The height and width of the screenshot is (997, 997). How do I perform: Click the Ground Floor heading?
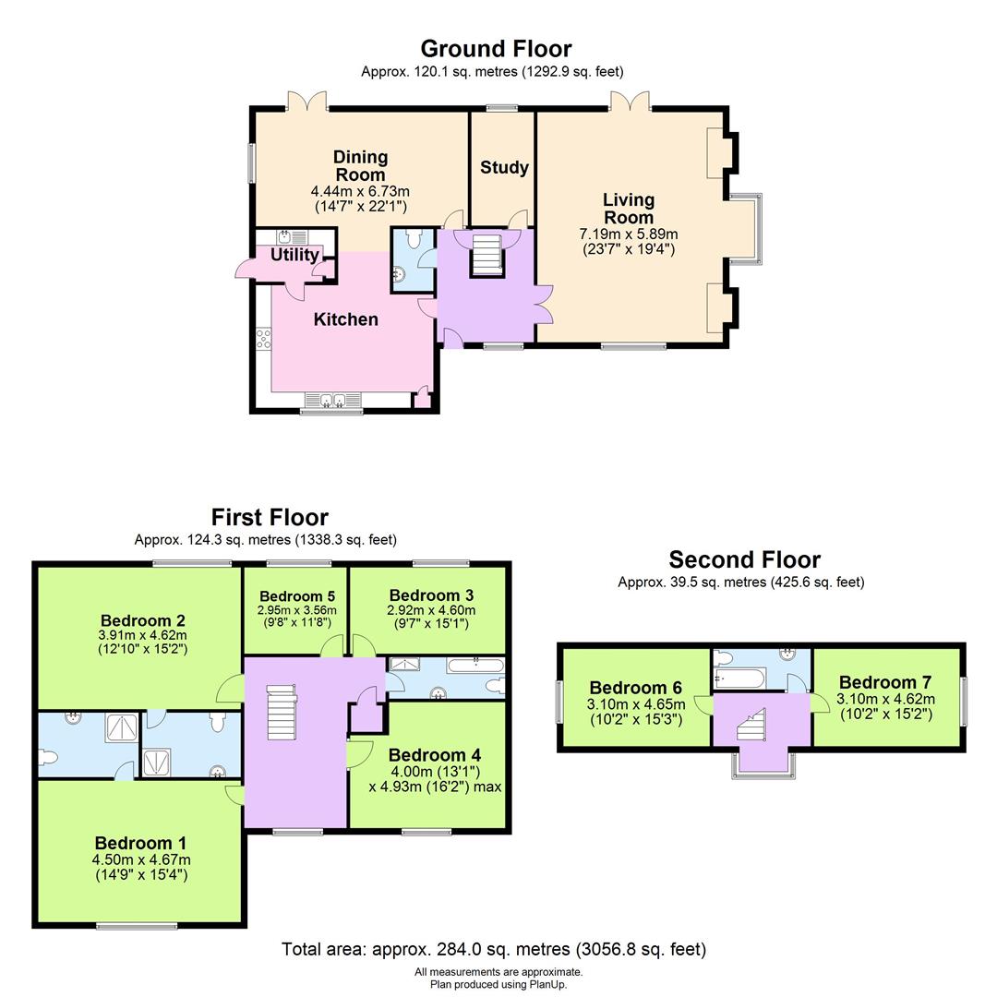496,48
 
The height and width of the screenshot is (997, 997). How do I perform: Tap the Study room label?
504,167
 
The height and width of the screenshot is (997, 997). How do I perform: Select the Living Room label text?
629,209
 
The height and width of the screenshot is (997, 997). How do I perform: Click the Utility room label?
294,255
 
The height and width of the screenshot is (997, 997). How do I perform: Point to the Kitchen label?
346,319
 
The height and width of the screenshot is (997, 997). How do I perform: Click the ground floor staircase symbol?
487,253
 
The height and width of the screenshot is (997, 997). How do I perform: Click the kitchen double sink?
331,400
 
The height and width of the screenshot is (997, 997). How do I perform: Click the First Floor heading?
270,517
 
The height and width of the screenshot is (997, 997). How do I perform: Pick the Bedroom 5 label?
297,595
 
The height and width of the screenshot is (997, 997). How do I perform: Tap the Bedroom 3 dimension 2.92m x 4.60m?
431,609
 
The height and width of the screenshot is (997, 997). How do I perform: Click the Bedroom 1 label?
140,843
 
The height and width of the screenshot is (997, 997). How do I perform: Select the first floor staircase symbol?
281,712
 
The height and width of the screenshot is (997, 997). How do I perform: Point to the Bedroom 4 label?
435,755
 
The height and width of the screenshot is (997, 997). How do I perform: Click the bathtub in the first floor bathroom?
475,665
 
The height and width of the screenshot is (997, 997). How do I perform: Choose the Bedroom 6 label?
636,688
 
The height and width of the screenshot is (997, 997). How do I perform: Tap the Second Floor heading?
744,559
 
